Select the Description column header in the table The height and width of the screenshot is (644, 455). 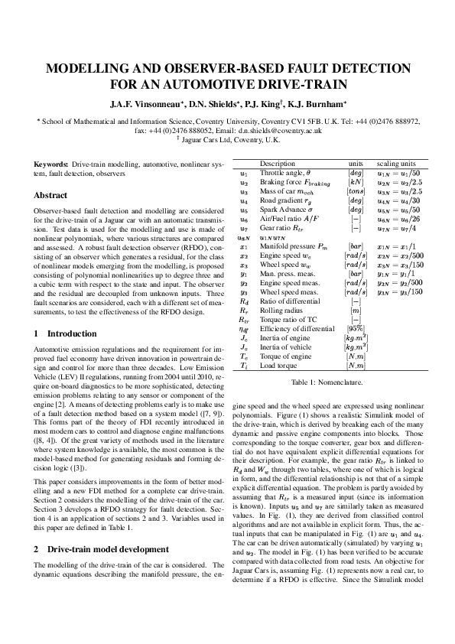(277, 164)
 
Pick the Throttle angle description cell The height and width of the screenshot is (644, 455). (284, 173)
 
